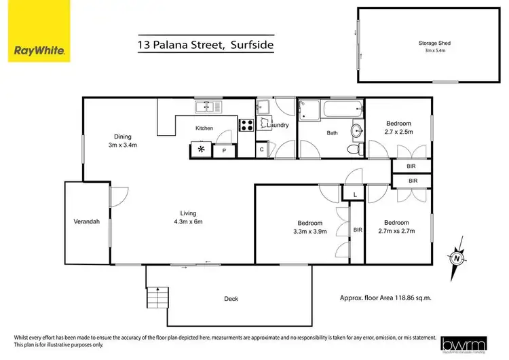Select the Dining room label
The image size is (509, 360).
coord(122,141)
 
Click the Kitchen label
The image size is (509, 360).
coord(204,128)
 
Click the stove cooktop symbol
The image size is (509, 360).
coord(247,124)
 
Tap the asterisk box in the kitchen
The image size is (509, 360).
coord(201,150)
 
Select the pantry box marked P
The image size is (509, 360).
coord(224,151)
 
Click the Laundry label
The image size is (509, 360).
coord(278,125)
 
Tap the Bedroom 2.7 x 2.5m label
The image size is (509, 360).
coord(399,127)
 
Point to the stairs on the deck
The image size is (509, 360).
coord(156,298)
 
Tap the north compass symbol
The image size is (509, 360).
coord(457,258)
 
